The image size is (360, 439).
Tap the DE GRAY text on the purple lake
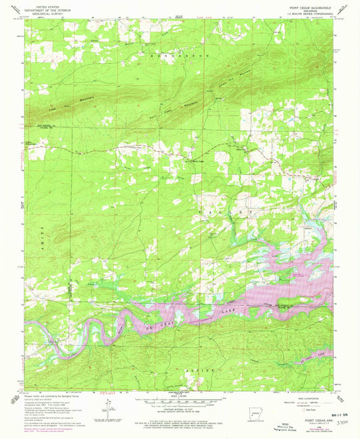pyautogui.click(x=154, y=324)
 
